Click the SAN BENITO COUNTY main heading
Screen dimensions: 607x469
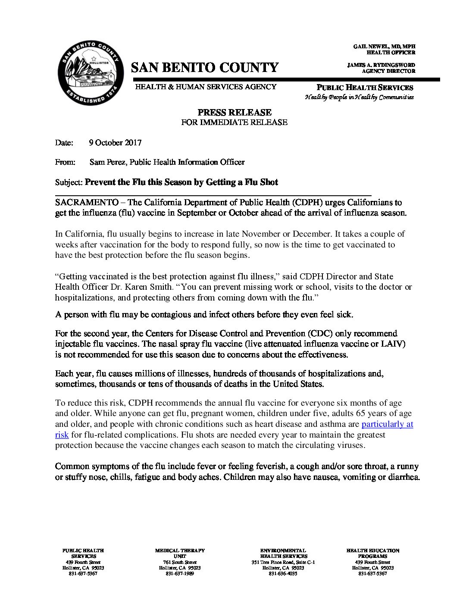(204, 67)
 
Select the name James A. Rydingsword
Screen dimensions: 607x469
(381, 65)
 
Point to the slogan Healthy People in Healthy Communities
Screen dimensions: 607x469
(359, 97)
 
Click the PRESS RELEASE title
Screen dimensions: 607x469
(234, 113)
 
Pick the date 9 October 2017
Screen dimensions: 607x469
(115, 143)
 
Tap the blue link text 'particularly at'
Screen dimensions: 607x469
(387, 424)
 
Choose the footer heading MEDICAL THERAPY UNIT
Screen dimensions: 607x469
(180, 553)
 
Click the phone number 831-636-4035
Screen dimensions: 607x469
(283, 574)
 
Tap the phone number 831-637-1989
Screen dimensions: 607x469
(180, 574)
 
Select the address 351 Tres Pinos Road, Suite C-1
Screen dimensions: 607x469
(283, 562)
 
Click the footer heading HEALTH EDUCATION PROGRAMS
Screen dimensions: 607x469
(372, 553)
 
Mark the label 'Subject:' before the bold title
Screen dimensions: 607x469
(69, 182)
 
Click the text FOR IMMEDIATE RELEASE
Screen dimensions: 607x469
(234, 122)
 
